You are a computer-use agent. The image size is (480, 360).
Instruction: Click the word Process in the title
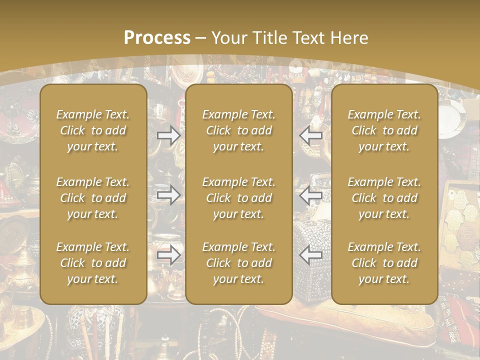click(157, 37)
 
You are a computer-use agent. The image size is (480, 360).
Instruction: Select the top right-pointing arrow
click(168, 135)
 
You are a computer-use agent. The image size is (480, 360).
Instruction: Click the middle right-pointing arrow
click(168, 194)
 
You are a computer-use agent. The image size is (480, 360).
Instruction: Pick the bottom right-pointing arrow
click(168, 255)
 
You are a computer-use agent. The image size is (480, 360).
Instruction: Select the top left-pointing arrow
click(311, 135)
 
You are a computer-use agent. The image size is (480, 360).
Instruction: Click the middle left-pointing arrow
click(311, 194)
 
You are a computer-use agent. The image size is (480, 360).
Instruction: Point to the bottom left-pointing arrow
click(311, 255)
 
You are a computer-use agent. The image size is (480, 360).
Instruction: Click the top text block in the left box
click(93, 130)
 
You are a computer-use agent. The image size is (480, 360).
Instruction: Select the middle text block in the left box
click(93, 198)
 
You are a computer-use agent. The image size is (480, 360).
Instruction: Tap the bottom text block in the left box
click(93, 263)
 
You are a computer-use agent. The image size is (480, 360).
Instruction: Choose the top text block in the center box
click(239, 130)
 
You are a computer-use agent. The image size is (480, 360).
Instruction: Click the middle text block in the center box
click(239, 198)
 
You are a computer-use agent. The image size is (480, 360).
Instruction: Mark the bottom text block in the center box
click(239, 263)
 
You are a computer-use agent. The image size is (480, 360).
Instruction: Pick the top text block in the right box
click(384, 130)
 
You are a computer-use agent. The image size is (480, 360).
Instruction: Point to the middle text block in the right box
click(384, 198)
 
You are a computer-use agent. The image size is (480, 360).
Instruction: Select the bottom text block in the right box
click(384, 263)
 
